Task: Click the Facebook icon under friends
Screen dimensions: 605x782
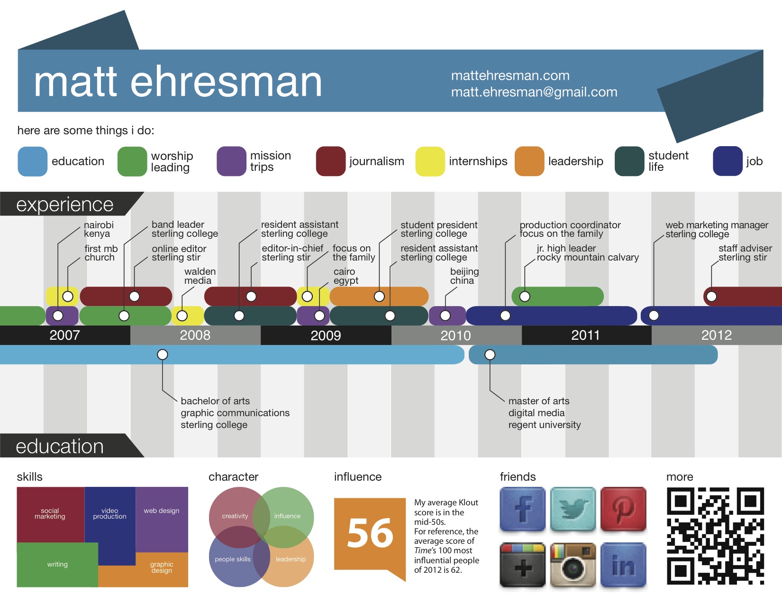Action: click(522, 509)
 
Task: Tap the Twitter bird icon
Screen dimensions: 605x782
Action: click(573, 509)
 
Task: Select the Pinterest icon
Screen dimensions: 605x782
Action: click(623, 509)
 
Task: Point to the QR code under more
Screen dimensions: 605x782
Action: click(715, 536)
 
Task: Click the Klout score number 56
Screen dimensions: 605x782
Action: click(370, 533)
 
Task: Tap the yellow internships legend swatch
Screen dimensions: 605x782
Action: click(430, 161)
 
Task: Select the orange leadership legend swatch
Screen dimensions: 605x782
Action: click(529, 161)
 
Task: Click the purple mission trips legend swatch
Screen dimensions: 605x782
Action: click(231, 161)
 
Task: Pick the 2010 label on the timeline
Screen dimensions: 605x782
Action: click(455, 335)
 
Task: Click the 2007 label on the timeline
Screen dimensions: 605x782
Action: click(64, 335)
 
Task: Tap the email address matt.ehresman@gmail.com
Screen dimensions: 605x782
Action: click(534, 92)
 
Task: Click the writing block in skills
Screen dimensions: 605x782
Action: click(57, 565)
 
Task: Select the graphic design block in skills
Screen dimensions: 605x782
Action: click(162, 568)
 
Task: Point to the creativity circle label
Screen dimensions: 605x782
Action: click(235, 516)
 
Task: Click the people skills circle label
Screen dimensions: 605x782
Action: click(232, 559)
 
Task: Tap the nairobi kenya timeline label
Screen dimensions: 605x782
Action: click(99, 229)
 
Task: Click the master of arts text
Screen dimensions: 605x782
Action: click(539, 401)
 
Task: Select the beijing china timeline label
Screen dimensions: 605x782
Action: click(464, 276)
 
